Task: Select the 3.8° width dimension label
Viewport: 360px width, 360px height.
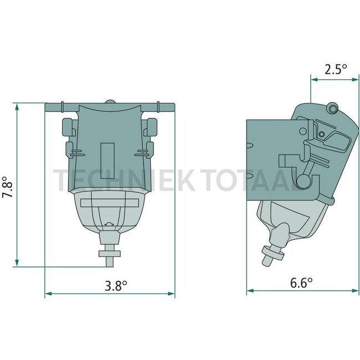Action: (116, 286)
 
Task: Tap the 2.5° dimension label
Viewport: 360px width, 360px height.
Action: (336, 70)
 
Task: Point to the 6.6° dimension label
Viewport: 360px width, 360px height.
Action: (301, 282)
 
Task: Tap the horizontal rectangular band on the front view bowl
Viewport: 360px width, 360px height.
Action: (109, 203)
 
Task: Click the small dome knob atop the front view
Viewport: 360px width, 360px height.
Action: (110, 102)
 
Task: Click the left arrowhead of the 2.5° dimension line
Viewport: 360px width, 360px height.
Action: (313, 80)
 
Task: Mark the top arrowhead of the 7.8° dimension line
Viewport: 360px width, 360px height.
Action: (17, 105)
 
